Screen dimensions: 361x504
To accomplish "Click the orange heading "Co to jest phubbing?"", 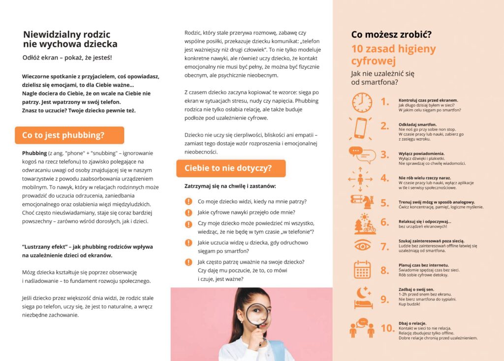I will [x=63, y=135].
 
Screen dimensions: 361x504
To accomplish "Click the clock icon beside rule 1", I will [x=362, y=102].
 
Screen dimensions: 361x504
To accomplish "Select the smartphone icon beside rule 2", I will [x=361, y=128].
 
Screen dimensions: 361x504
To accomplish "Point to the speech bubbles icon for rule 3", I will [x=362, y=155].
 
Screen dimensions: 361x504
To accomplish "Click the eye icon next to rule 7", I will [x=362, y=245].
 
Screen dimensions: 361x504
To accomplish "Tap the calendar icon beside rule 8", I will [x=362, y=270].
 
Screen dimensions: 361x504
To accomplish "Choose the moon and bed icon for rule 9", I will [x=362, y=297].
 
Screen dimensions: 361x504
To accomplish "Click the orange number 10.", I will [x=387, y=328].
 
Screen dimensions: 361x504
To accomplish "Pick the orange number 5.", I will [x=385, y=203].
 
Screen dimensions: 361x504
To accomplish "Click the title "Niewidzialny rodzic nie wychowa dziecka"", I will [x=70, y=39].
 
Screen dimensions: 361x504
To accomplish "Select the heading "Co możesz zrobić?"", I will [x=391, y=34].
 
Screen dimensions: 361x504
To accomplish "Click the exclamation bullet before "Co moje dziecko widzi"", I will [x=189, y=201].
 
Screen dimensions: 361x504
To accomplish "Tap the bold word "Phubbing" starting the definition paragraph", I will [x=34, y=153].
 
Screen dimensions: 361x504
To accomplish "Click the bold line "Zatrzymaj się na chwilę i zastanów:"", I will [x=230, y=186].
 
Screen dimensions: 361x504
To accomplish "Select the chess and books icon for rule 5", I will [x=362, y=201].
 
